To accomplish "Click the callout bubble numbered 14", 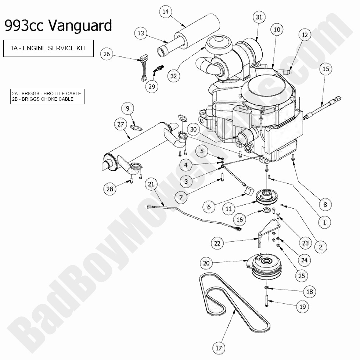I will pyautogui.click(x=166, y=12).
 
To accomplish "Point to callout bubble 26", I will pyautogui.click(x=107, y=54).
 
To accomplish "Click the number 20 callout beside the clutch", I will pyautogui.click(x=206, y=263).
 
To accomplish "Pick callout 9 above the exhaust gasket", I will pyautogui.click(x=128, y=108).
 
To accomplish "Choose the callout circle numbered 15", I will pyautogui.click(x=325, y=69).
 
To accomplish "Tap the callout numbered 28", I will pyautogui.click(x=110, y=189).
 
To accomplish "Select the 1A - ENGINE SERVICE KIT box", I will pyautogui.click(x=48, y=48).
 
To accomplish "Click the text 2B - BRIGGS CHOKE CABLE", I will pyautogui.click(x=47, y=99).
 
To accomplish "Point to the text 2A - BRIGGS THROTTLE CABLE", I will pyautogui.click(x=46, y=94).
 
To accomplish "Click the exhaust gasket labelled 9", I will pyautogui.click(x=137, y=128).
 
